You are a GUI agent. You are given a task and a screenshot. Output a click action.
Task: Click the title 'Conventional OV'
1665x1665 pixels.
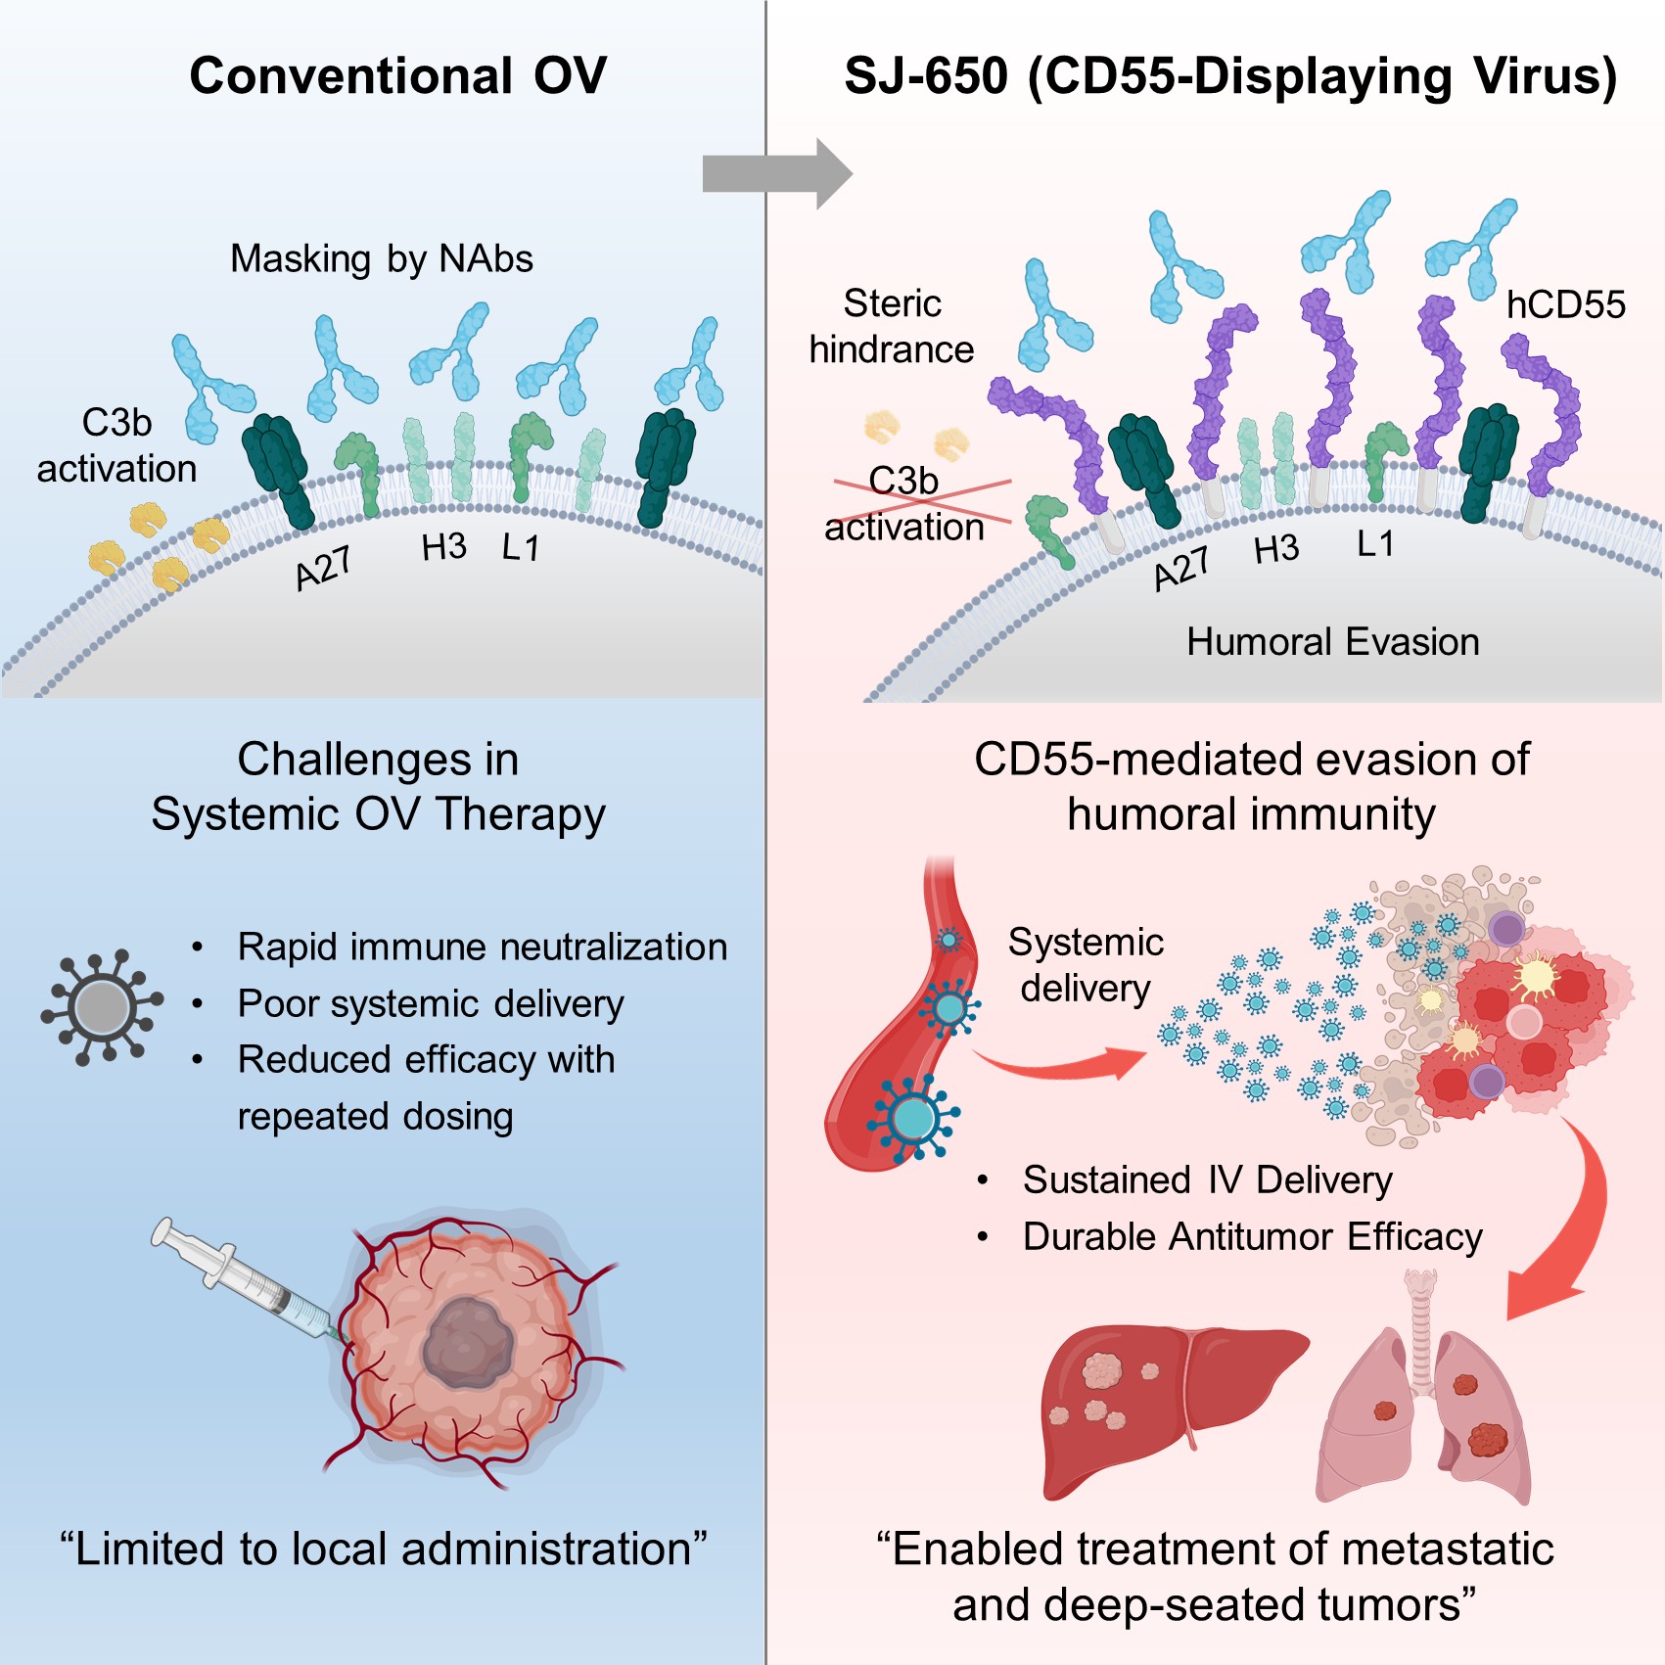click(398, 76)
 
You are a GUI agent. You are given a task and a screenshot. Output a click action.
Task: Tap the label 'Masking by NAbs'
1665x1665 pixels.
click(382, 259)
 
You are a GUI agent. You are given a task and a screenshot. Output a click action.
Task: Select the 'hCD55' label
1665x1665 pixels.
click(1565, 304)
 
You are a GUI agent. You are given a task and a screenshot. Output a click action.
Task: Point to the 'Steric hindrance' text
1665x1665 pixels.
click(892, 327)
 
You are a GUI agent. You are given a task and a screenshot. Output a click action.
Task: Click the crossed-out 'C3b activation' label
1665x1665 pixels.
click(904, 503)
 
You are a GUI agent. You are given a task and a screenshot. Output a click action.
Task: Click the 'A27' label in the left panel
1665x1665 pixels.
click(323, 568)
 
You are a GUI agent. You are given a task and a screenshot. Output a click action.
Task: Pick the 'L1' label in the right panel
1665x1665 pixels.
click(1375, 544)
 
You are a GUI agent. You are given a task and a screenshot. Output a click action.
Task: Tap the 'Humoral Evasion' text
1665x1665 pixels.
click(1332, 642)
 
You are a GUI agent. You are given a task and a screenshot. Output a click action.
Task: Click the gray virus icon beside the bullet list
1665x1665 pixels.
click(102, 1005)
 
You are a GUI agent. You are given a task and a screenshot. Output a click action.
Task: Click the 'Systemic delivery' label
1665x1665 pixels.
click(1086, 965)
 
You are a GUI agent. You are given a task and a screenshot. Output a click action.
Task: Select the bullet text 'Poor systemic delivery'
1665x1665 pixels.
click(431, 1004)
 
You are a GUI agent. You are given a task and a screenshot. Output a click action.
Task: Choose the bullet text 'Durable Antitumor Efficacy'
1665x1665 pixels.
click(1252, 1237)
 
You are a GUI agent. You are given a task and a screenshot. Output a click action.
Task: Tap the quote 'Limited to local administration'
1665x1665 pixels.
click(384, 1549)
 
